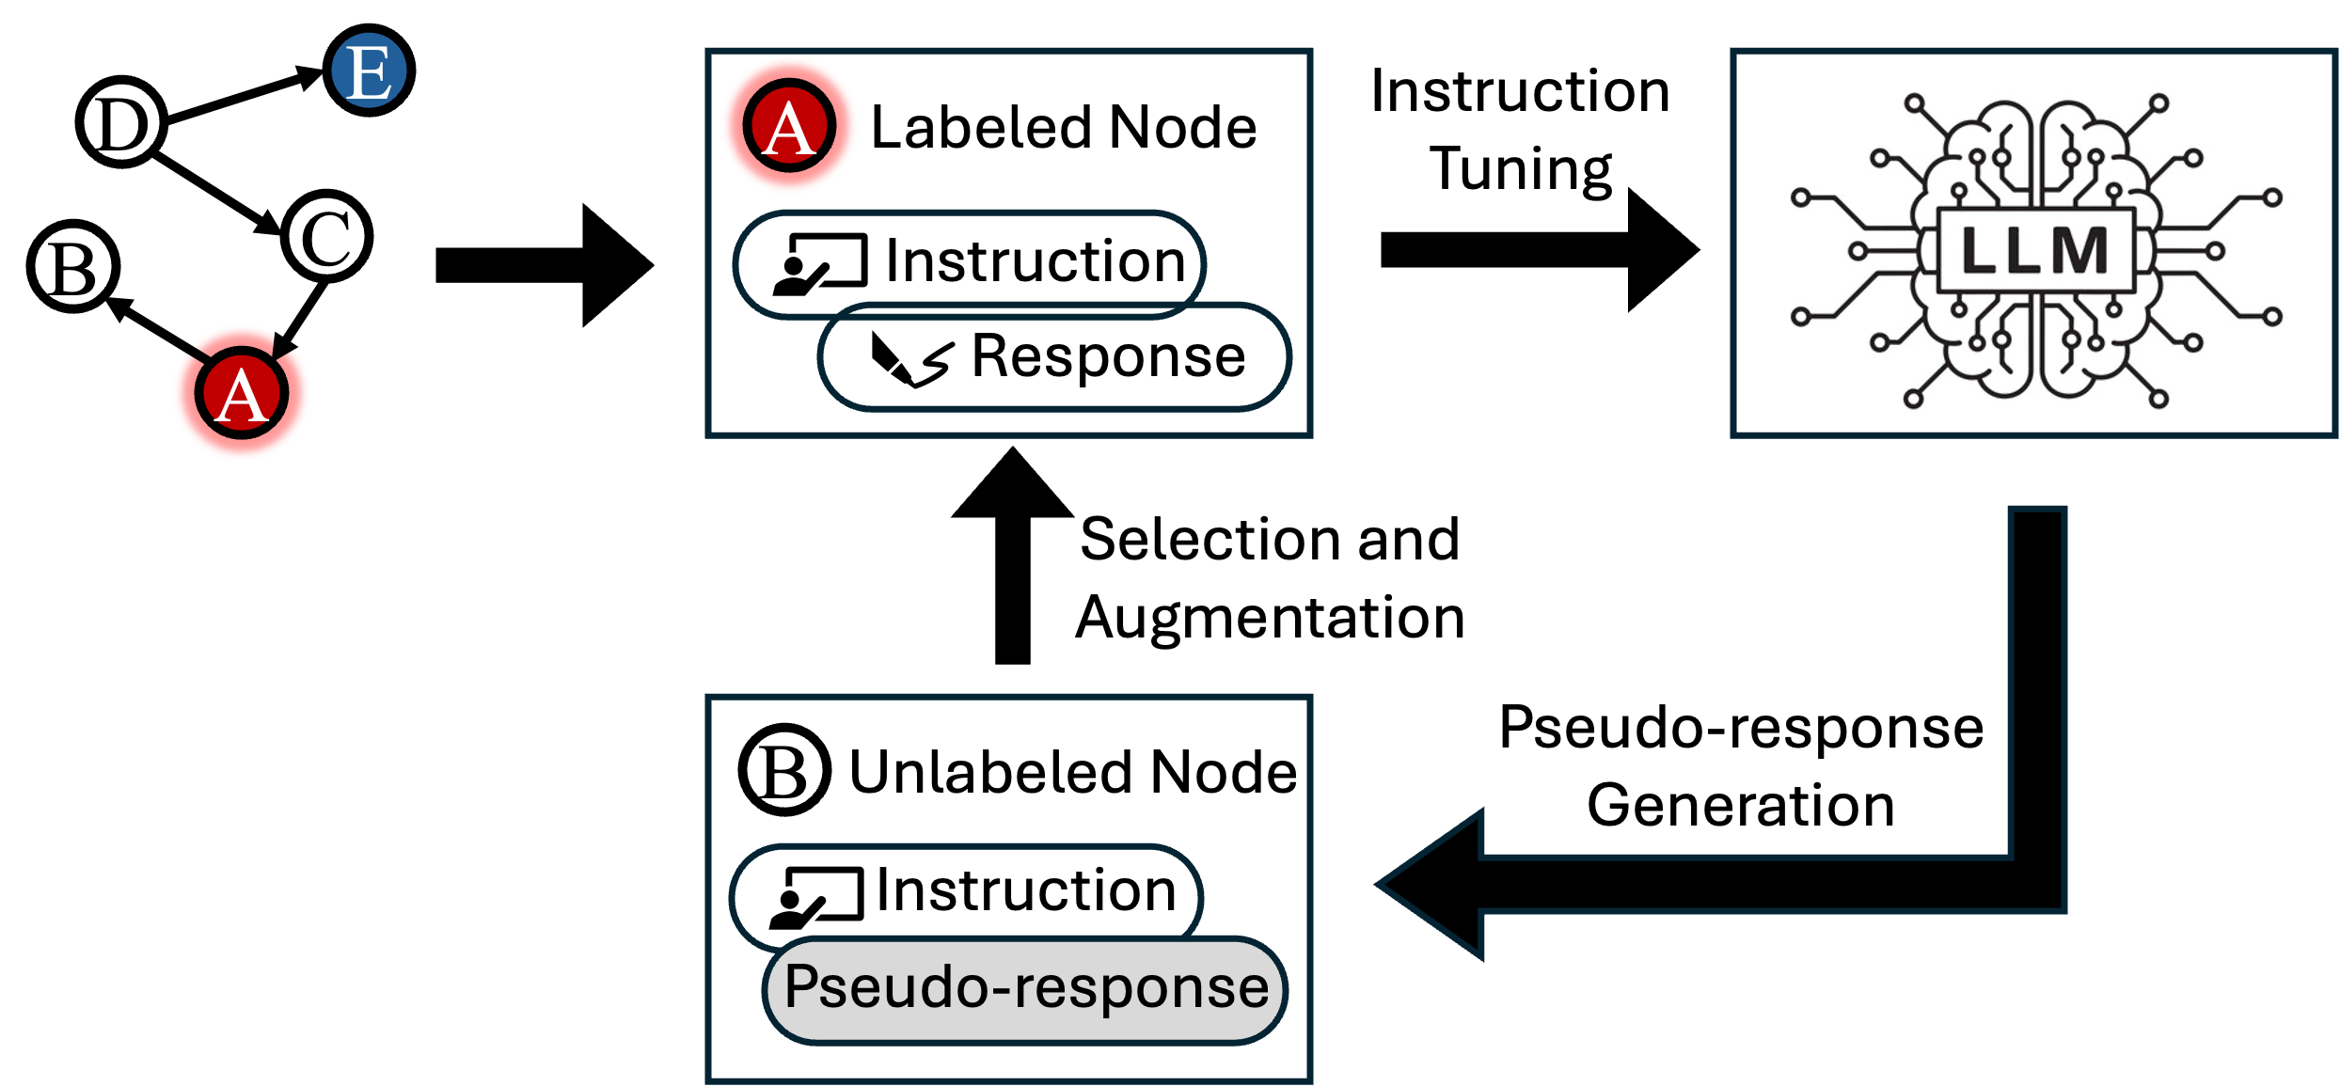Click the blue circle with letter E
click(369, 71)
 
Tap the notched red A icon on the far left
click(242, 393)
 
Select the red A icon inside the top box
click(789, 125)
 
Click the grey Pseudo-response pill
click(1024, 989)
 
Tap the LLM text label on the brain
click(2035, 251)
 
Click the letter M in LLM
click(2079, 251)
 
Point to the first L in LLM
click(1979, 251)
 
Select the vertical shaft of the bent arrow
click(2037, 677)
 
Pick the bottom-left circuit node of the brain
click(1913, 399)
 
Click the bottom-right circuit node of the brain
click(2159, 399)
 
